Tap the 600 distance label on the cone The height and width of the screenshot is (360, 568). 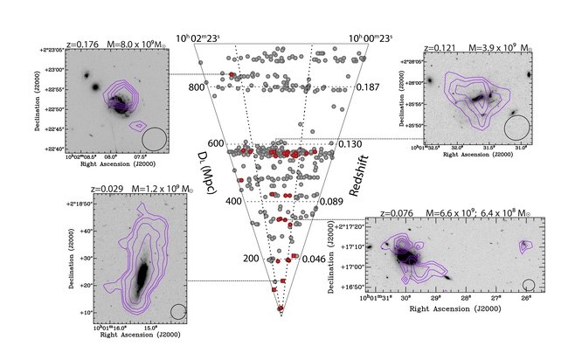pyautogui.click(x=214, y=143)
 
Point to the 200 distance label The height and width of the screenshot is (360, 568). pyautogui.click(x=252, y=259)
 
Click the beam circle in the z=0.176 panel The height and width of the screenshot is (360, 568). pyautogui.click(x=154, y=138)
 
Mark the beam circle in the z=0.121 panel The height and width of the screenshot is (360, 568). pyautogui.click(x=516, y=126)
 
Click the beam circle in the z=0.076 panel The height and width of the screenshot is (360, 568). pyautogui.click(x=529, y=284)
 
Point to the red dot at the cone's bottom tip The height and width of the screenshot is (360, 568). pyautogui.click(x=281, y=308)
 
